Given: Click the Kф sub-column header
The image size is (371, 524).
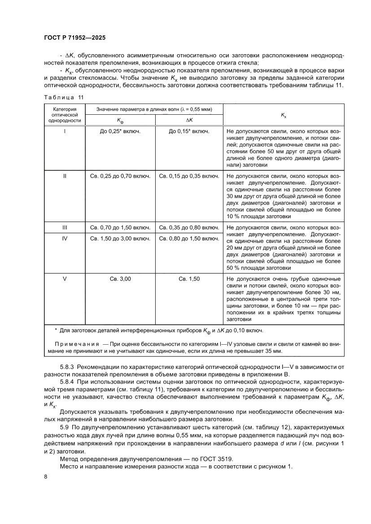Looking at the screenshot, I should point(120,121).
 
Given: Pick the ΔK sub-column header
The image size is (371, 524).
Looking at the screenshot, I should point(189,121).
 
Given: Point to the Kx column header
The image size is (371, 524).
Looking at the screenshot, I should point(284,115).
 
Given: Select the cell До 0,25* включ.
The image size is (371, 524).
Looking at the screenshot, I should point(120,132).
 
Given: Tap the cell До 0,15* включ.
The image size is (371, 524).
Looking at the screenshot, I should point(189,132).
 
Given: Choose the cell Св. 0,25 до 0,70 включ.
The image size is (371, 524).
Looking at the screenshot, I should point(120,176).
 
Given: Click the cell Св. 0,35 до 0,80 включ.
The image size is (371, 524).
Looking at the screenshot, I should point(189,227).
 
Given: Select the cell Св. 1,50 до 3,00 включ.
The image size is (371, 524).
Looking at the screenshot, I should point(120,238).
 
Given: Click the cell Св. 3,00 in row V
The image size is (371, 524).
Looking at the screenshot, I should point(120,279).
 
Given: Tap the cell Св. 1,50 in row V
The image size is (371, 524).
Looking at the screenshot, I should point(189,279).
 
